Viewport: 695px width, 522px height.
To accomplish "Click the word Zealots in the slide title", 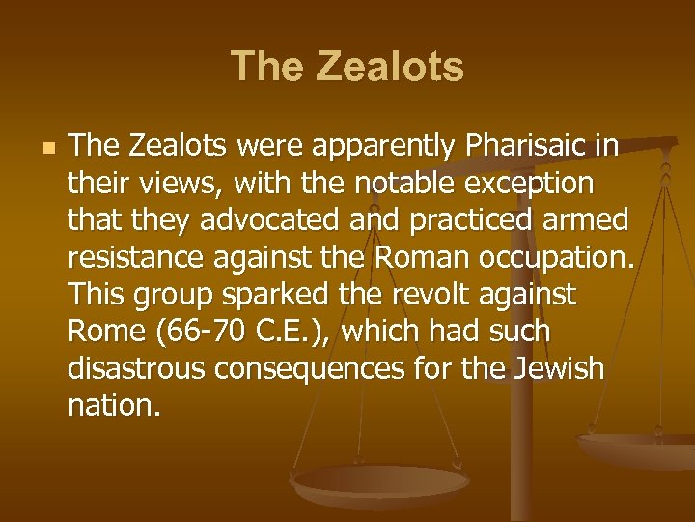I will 392,68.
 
